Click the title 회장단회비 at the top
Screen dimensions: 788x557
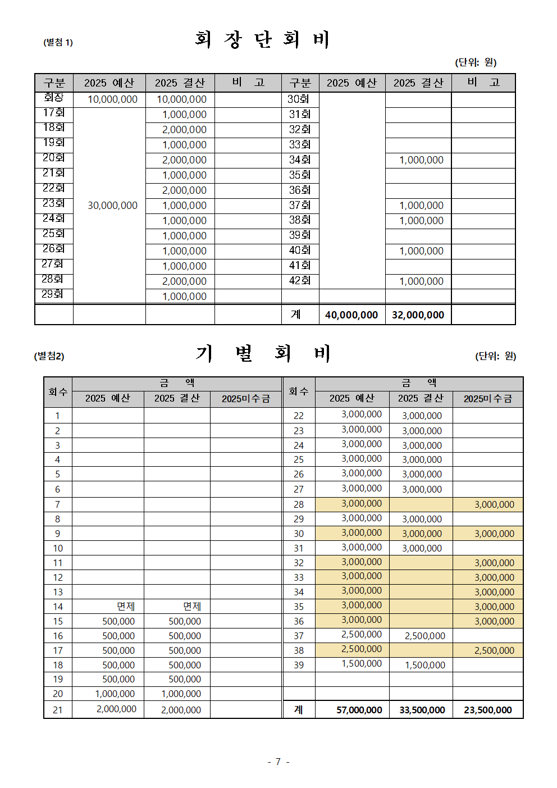click(x=262, y=39)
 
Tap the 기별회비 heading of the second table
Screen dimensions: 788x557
click(x=262, y=353)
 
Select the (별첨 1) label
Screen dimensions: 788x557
click(x=58, y=42)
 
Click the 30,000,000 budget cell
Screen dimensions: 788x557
click(x=112, y=206)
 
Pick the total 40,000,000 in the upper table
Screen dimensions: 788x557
click(x=351, y=315)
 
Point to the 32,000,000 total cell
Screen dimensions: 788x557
click(x=418, y=315)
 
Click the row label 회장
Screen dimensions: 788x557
click(x=54, y=98)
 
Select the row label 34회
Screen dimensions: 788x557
click(x=300, y=160)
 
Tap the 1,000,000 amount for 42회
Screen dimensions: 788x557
click(x=421, y=281)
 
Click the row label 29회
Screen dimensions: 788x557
click(x=52, y=294)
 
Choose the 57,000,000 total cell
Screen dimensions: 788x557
click(x=359, y=710)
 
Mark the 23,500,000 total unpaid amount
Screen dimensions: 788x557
click(x=487, y=710)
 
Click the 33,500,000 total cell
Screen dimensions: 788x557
click(x=422, y=710)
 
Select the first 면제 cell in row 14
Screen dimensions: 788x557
click(x=125, y=607)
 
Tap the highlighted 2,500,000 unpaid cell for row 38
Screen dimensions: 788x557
click(x=494, y=650)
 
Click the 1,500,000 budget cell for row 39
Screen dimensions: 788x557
click(x=362, y=664)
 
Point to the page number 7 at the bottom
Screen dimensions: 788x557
click(x=278, y=762)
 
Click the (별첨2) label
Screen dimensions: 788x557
click(x=49, y=356)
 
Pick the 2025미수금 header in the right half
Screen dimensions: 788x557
click(x=487, y=399)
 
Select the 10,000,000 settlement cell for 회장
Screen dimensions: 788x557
click(x=181, y=99)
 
